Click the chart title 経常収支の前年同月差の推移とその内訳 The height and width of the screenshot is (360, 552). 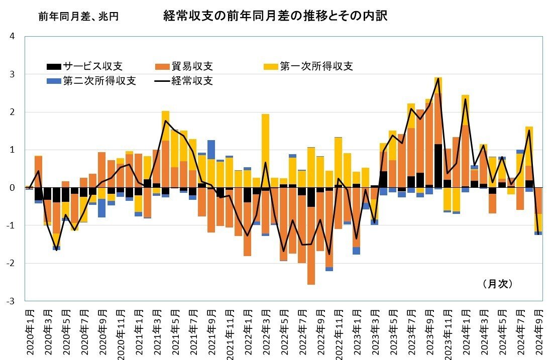pyautogui.click(x=276, y=17)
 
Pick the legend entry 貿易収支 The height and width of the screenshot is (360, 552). pyautogui.click(x=184, y=66)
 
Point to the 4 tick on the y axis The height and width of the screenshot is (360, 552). pyautogui.click(x=12, y=37)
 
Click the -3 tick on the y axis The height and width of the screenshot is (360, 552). pyautogui.click(x=11, y=301)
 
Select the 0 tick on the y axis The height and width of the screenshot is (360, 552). pyautogui.click(x=12, y=188)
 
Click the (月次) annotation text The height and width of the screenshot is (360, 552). pyautogui.click(x=497, y=284)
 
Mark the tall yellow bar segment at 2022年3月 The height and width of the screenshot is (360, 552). pyautogui.click(x=265, y=151)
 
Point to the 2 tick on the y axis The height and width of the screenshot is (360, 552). pyautogui.click(x=12, y=112)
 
